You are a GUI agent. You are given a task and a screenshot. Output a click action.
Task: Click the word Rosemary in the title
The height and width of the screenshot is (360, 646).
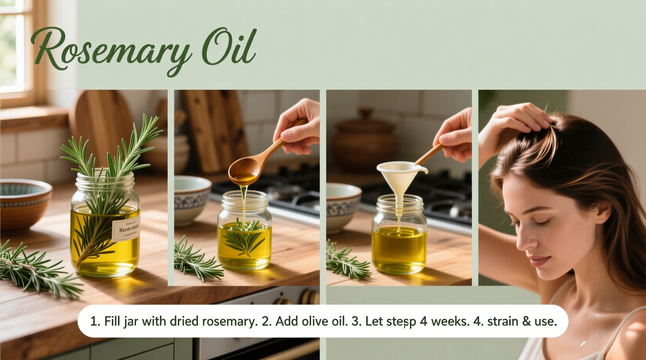point(111,50)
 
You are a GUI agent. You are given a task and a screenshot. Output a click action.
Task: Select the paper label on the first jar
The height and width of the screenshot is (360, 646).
point(127,229)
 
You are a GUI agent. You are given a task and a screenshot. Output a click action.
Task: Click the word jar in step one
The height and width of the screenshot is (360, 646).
point(131,321)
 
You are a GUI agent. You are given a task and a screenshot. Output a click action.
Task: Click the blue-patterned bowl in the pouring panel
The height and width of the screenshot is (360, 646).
point(192,198)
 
